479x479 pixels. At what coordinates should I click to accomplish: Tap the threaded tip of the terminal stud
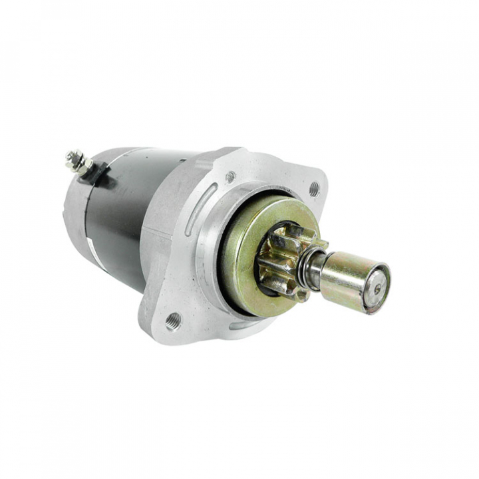(x=69, y=156)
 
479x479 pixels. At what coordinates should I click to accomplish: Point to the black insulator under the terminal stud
(x=98, y=174)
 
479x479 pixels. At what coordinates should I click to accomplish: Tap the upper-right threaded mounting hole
(x=314, y=189)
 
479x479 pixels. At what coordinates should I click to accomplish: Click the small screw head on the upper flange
(x=230, y=177)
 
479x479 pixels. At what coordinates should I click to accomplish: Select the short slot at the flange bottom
(x=238, y=325)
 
